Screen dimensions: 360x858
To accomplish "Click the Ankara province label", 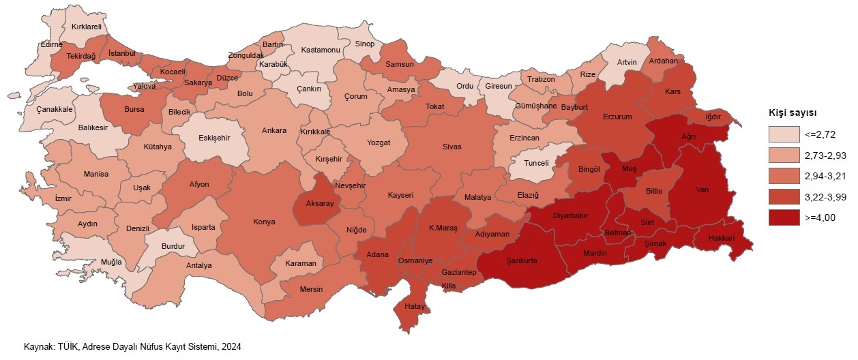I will click(x=273, y=131).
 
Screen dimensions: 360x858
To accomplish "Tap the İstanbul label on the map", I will click(x=123, y=53).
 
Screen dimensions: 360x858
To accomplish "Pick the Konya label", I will click(x=264, y=222).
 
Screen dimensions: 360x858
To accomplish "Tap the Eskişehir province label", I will click(x=214, y=137).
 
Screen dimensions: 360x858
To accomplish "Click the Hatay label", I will click(x=414, y=307).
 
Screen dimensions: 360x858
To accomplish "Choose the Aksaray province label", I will click(x=319, y=204).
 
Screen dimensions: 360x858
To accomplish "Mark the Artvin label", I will click(x=626, y=63).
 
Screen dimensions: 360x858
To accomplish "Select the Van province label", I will click(x=702, y=190).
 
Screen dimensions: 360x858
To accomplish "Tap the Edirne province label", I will click(x=51, y=45).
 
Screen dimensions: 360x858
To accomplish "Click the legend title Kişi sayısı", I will click(x=793, y=112).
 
